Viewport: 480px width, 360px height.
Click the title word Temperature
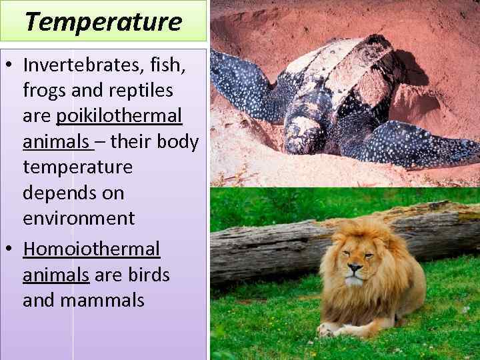click(x=103, y=21)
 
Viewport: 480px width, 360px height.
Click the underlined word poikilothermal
click(x=119, y=116)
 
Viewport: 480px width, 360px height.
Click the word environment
click(x=79, y=218)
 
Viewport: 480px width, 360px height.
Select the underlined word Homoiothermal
click(x=91, y=249)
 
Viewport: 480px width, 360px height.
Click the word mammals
click(x=102, y=300)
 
